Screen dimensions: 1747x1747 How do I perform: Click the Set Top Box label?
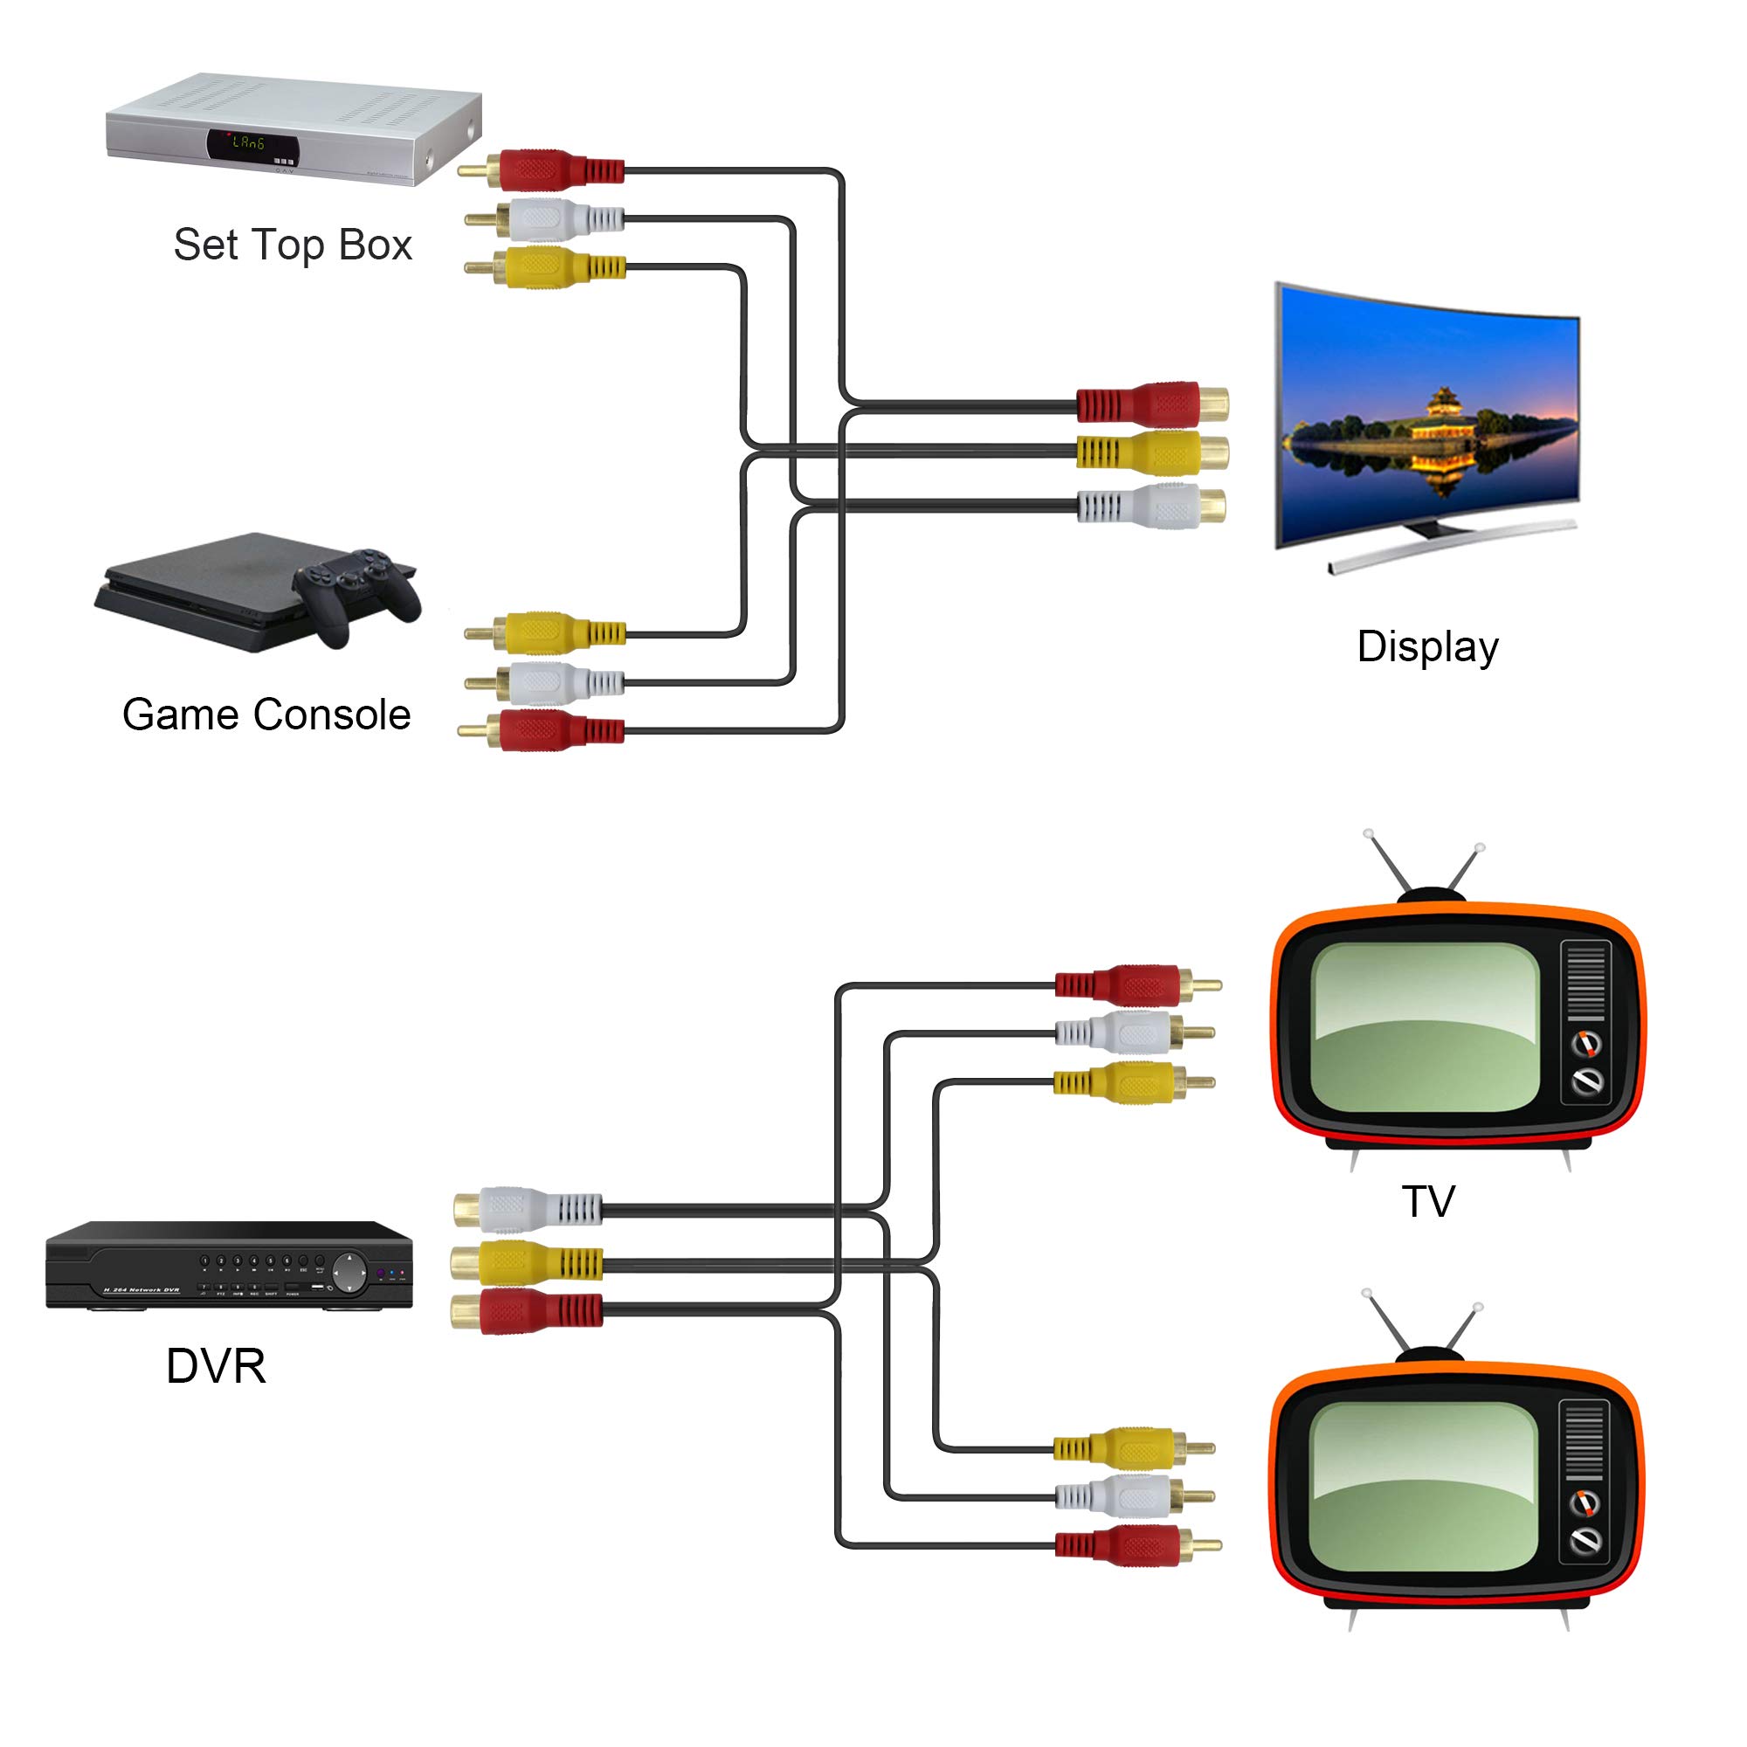(x=292, y=245)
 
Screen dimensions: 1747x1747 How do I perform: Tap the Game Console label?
(x=266, y=715)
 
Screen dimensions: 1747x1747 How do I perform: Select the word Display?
(x=1427, y=646)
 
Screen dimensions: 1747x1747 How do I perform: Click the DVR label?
(x=216, y=1365)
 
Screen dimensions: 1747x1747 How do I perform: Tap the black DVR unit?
(x=230, y=1265)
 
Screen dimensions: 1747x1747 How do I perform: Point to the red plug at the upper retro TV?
(x=1130, y=985)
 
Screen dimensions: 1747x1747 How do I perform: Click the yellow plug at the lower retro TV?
(x=1130, y=1448)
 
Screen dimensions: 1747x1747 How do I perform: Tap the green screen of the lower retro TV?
(x=1423, y=1487)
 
